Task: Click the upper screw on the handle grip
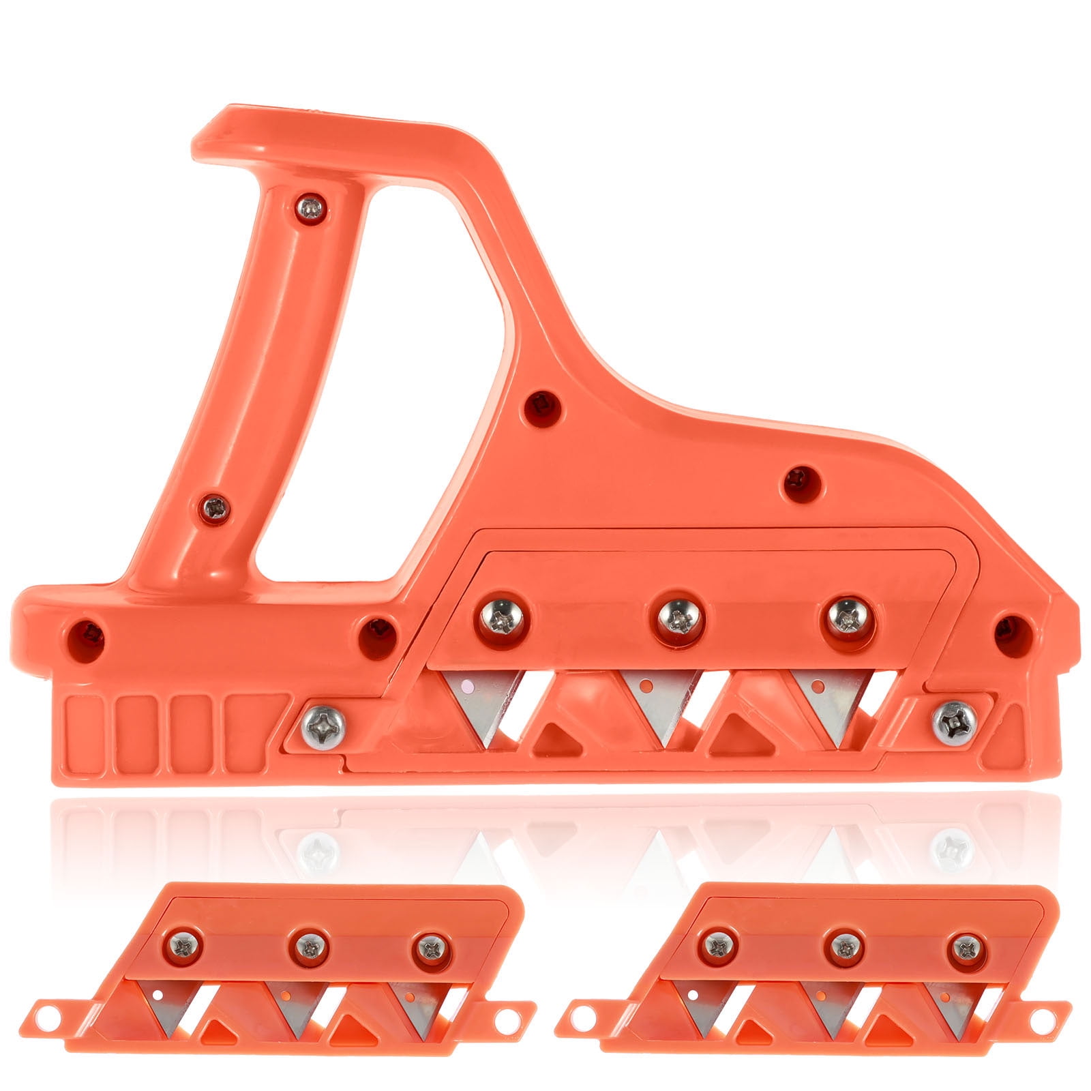point(312,207)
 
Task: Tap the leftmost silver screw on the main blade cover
point(502,618)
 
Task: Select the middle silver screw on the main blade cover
point(679,618)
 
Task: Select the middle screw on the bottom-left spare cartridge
point(310,946)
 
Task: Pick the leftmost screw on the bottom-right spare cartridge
point(719,946)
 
